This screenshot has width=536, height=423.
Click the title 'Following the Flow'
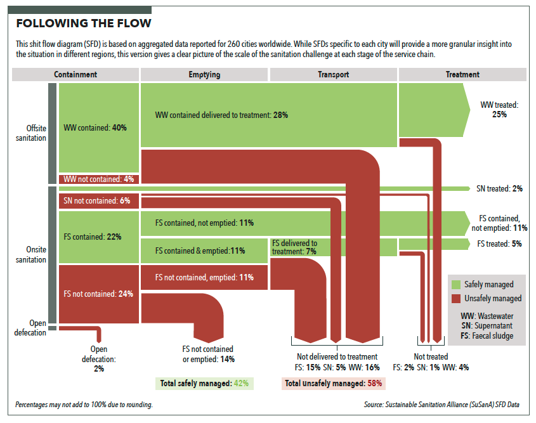click(x=84, y=24)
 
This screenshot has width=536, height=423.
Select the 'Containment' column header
click(x=75, y=74)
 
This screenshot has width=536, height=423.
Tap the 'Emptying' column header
click(x=204, y=74)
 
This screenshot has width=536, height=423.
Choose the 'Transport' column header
click(x=333, y=74)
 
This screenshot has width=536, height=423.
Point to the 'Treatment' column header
click(x=462, y=74)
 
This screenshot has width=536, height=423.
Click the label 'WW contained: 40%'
click(x=96, y=127)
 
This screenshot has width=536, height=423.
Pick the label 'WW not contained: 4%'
click(x=99, y=179)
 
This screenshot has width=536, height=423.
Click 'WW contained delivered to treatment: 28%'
click(x=222, y=115)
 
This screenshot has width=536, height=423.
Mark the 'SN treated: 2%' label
click(x=499, y=188)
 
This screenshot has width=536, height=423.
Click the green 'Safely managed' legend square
click(x=455, y=284)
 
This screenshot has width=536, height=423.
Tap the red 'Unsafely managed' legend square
click(x=455, y=298)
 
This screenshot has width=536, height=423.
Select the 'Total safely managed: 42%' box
click(x=204, y=383)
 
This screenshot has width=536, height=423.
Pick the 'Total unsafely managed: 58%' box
click(x=333, y=383)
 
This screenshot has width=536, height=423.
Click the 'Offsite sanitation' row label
click(x=30, y=133)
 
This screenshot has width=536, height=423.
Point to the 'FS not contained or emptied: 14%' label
click(x=207, y=354)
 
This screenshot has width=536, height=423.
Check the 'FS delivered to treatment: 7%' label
click(x=294, y=247)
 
